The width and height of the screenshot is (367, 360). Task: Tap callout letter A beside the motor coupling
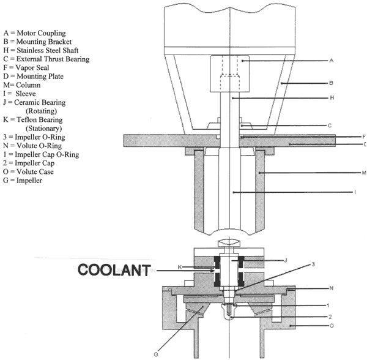pos(331,61)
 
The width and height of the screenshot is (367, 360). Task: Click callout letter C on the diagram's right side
pos(330,126)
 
